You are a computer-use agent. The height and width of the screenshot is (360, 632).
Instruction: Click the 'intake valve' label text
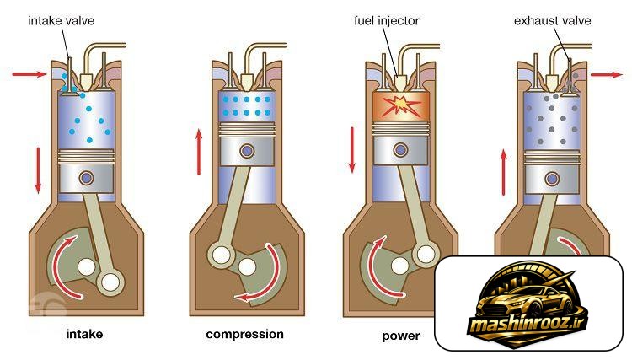click(61, 20)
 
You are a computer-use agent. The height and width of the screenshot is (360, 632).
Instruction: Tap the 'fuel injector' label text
click(386, 21)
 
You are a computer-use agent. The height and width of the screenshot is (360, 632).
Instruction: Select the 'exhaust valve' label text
click(552, 20)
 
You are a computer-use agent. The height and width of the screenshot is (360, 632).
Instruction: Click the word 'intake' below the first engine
click(84, 334)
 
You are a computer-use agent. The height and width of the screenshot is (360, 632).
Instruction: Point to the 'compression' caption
click(244, 334)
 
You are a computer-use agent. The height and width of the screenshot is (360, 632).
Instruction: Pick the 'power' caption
click(400, 336)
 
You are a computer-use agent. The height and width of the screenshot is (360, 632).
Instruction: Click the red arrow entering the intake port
click(29, 74)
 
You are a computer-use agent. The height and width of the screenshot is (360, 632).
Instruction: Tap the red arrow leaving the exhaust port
click(607, 74)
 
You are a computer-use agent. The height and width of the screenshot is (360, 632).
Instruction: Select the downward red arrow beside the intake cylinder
click(38, 170)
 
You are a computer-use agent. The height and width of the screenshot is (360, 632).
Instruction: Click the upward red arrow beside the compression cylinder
click(199, 152)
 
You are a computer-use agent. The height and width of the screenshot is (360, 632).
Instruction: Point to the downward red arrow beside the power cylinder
click(352, 150)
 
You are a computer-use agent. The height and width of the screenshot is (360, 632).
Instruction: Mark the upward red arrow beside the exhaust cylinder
click(503, 172)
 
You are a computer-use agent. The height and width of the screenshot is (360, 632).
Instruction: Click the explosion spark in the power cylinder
click(400, 105)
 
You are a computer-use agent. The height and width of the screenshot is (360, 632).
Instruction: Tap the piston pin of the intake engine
click(86, 177)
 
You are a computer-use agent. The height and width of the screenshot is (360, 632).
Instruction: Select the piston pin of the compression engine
click(247, 151)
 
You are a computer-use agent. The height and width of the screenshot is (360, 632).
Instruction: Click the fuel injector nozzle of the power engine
click(399, 83)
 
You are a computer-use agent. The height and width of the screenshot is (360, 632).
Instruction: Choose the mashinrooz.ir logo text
click(528, 324)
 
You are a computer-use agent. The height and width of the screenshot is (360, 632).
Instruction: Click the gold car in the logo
click(524, 303)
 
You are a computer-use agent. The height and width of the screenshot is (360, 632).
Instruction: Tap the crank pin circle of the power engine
click(426, 254)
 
